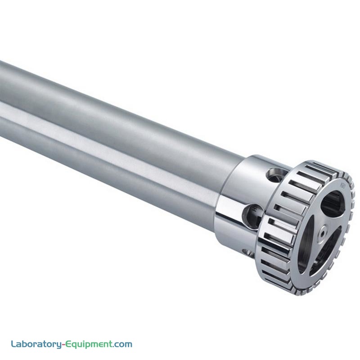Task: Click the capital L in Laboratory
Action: tap(14, 344)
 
